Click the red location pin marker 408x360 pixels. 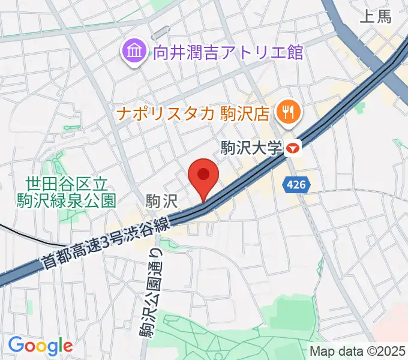click(203, 175)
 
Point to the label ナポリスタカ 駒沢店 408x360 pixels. click(195, 112)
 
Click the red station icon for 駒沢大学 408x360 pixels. click(293, 146)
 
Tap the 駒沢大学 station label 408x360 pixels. click(251, 148)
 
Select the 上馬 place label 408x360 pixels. click(376, 16)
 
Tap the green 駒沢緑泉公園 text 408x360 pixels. click(66, 200)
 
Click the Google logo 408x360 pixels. click(40, 346)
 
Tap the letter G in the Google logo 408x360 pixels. click(17, 345)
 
